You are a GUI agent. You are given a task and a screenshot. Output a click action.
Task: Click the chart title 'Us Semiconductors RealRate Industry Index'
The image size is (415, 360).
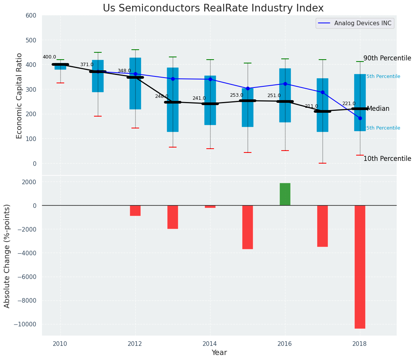[213, 8]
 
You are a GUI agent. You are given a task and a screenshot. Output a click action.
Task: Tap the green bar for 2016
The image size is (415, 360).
[285, 194]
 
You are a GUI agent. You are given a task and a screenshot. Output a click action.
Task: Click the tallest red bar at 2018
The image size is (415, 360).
[360, 267]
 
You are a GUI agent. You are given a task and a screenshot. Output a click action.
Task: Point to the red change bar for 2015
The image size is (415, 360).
[247, 227]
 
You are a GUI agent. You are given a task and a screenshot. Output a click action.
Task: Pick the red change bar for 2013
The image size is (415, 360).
[172, 217]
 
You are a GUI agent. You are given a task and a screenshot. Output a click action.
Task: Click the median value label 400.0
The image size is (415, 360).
[49, 57]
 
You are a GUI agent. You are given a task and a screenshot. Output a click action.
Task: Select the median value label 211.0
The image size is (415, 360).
[311, 106]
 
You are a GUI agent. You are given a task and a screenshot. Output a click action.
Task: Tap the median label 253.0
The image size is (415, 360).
[236, 95]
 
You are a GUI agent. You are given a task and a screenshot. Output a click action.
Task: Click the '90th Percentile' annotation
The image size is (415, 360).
[387, 58]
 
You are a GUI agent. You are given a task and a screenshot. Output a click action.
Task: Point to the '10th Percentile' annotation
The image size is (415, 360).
[387, 159]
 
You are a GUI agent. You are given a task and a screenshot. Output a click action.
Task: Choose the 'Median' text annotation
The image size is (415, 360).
[378, 109]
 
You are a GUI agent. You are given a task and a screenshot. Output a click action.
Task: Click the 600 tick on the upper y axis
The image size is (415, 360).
[31, 16]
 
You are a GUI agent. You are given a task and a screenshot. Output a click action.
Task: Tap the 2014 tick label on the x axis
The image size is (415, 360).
[210, 344]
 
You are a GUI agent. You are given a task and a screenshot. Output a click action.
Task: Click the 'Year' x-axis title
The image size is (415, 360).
[219, 353]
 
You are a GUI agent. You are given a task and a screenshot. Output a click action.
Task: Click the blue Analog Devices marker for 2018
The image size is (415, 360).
[360, 118]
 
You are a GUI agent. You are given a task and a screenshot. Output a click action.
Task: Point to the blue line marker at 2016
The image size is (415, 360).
[285, 84]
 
